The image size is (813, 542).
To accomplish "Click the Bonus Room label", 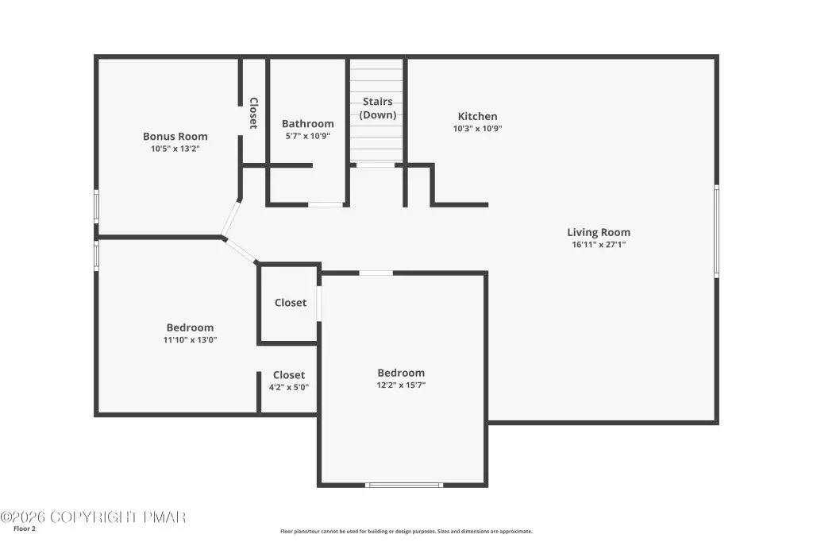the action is pyautogui.click(x=175, y=136).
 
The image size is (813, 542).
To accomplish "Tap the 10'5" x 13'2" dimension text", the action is pyautogui.click(x=175, y=149).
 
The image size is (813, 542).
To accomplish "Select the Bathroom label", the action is pyautogui.click(x=308, y=123).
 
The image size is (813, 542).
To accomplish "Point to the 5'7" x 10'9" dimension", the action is pyautogui.click(x=308, y=136).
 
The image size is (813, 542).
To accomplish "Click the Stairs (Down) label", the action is pyautogui.click(x=377, y=108).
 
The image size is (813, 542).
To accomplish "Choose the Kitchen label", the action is pyautogui.click(x=477, y=116).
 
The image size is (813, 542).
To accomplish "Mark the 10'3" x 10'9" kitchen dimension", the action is pyautogui.click(x=477, y=129).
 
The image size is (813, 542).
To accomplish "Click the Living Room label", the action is pyautogui.click(x=599, y=232).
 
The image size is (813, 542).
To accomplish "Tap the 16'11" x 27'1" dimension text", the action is pyautogui.click(x=599, y=245).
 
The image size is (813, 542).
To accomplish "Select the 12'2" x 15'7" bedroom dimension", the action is pyautogui.click(x=401, y=385).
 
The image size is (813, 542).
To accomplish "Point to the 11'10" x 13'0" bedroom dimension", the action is pyautogui.click(x=191, y=340).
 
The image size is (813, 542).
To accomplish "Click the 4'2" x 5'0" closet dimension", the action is pyautogui.click(x=289, y=387).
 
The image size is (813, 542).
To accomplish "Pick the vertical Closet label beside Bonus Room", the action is pyautogui.click(x=253, y=113).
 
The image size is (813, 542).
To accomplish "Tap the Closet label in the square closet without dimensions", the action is pyautogui.click(x=291, y=303).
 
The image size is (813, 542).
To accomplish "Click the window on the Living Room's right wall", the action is pyautogui.click(x=717, y=231).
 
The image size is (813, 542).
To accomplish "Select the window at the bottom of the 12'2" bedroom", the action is pyautogui.click(x=404, y=486).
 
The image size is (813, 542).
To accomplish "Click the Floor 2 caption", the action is pyautogui.click(x=25, y=529).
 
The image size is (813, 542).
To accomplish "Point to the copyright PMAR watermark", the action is pyautogui.click(x=94, y=517).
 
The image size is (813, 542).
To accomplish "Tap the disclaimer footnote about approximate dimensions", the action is pyautogui.click(x=406, y=531).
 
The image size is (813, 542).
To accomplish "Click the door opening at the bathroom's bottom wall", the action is pyautogui.click(x=326, y=204).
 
